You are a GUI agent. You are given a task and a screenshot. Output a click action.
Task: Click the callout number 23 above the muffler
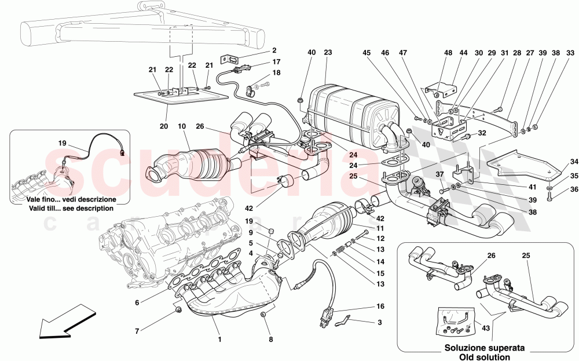327,53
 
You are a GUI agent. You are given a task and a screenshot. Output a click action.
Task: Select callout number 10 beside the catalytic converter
181,126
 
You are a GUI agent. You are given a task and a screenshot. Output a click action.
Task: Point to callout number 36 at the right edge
573,188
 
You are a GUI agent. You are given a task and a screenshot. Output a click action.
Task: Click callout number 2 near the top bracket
274,50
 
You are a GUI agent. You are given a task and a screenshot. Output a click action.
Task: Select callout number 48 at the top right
448,53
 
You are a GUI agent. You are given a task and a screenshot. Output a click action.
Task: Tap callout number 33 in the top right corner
570,53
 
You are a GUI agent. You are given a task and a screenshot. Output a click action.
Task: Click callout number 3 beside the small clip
379,322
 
